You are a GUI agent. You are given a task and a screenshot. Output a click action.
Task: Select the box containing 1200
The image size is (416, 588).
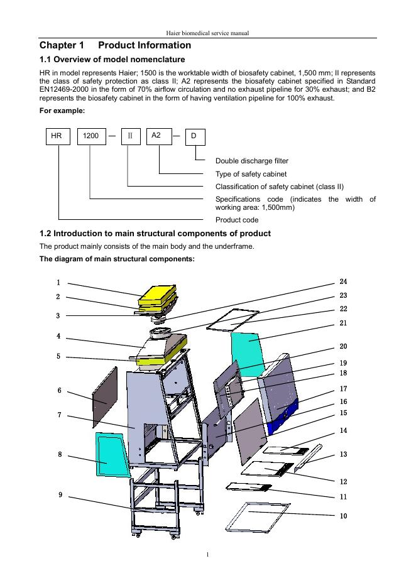90,136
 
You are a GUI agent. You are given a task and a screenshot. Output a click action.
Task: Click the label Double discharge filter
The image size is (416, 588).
251,161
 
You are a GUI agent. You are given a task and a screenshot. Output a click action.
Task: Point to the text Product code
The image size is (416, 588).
236,220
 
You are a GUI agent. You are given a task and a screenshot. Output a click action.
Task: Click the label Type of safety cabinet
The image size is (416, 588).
251,174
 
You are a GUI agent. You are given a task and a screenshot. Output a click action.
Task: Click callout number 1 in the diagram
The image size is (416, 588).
58,283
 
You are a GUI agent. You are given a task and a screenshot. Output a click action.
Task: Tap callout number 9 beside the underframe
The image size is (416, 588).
60,495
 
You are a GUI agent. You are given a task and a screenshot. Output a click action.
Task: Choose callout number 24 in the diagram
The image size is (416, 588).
343,281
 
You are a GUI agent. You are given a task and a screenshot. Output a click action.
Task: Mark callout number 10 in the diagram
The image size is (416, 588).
343,516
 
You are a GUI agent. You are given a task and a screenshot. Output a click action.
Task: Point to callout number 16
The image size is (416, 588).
343,401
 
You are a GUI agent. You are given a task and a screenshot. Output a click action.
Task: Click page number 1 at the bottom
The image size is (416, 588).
207,554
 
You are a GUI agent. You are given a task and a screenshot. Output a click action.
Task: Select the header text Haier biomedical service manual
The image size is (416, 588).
207,32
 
